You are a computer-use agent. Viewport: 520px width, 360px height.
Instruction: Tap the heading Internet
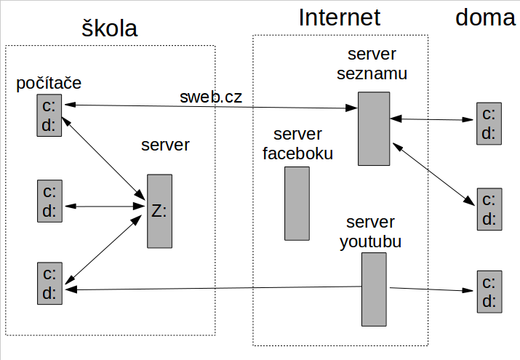[340, 17]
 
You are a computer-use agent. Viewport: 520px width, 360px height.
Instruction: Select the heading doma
[485, 17]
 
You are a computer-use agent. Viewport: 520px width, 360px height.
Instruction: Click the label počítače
[49, 83]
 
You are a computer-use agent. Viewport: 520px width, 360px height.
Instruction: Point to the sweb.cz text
[211, 97]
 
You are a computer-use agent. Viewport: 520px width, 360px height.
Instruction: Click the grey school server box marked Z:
[159, 211]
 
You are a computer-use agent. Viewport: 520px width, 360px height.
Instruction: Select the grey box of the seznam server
[373, 128]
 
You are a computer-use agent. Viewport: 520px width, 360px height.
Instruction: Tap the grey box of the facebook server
[297, 204]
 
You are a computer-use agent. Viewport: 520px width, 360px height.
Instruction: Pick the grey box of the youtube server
[374, 289]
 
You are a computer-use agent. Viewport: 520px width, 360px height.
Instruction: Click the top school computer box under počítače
[50, 115]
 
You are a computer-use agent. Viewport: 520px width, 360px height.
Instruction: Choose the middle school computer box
[50, 201]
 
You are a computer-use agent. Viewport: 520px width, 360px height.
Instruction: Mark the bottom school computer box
[50, 284]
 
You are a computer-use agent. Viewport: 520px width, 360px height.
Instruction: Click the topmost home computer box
[488, 123]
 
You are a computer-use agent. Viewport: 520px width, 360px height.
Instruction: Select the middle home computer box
[488, 209]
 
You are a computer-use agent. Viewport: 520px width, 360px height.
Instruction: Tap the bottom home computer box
[488, 292]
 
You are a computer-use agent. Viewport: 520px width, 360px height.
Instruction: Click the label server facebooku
[297, 144]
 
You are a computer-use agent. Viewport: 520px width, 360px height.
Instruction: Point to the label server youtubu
[370, 232]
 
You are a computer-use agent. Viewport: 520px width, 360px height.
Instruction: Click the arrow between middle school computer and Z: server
[105, 207]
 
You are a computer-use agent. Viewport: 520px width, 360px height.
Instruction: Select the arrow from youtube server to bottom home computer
[430, 289]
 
